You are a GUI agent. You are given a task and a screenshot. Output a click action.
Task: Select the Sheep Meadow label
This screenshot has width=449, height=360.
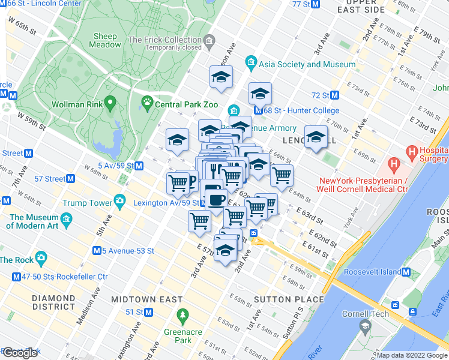[105, 40]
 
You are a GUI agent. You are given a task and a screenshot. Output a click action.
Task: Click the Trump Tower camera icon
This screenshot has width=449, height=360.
[120, 200]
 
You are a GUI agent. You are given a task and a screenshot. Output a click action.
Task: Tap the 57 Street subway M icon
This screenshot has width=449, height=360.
[71, 178]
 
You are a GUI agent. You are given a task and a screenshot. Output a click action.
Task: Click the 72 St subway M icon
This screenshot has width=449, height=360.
[335, 95]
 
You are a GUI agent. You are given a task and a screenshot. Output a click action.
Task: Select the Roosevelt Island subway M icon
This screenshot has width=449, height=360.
[406, 272]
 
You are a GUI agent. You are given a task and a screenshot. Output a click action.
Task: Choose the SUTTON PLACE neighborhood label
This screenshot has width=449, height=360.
[289, 299]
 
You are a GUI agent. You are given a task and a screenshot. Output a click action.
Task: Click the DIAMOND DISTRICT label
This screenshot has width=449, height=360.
[53, 302]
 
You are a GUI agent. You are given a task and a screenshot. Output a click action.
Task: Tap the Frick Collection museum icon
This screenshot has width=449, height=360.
[209, 41]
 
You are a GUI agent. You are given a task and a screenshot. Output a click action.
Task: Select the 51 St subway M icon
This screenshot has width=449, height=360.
[148, 312]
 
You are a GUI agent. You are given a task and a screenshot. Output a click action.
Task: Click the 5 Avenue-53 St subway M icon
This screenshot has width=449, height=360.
[97, 250]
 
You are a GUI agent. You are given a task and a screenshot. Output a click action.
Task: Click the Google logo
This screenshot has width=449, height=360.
[20, 353]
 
